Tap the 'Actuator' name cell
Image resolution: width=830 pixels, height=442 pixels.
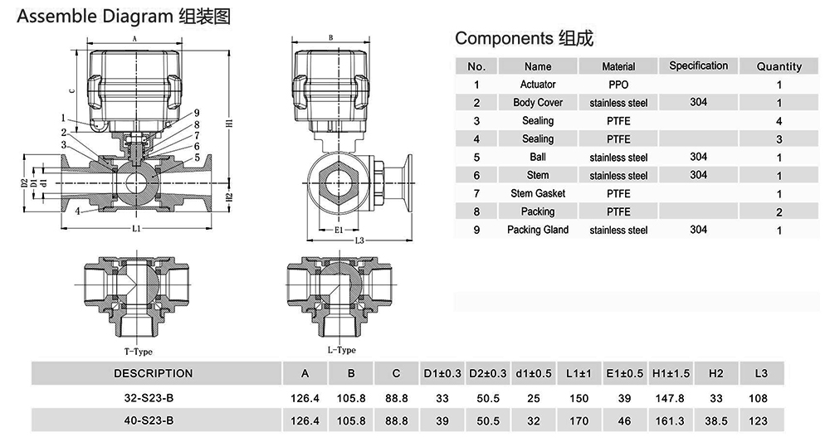tap(538, 85)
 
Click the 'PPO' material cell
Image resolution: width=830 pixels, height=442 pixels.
tap(618, 85)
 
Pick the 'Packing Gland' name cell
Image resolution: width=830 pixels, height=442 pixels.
tap(538, 230)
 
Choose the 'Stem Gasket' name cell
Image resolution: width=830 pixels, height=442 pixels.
tap(538, 193)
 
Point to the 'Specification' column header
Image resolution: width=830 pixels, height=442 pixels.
tap(698, 66)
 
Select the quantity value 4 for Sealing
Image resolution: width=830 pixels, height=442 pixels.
tap(779, 121)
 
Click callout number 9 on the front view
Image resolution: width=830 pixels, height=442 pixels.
tap(197, 113)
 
